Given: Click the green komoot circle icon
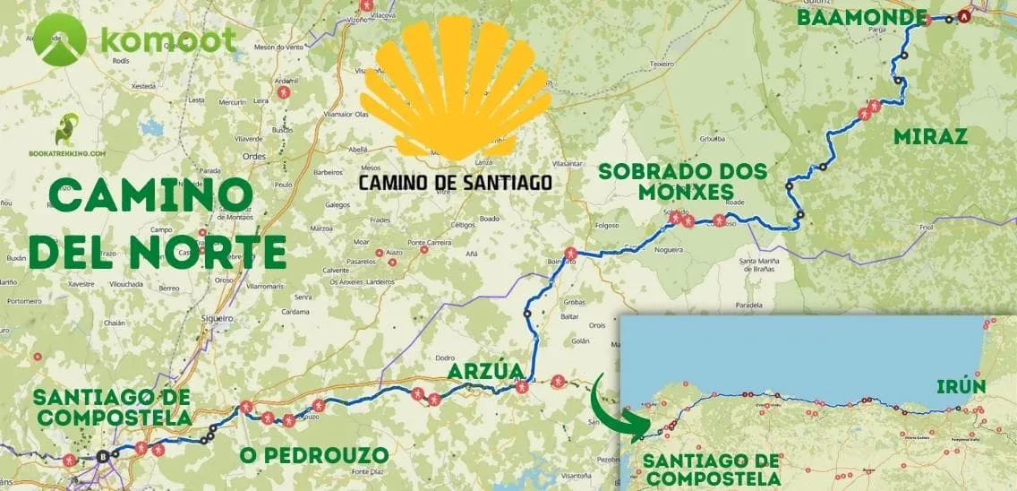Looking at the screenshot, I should point(60,42).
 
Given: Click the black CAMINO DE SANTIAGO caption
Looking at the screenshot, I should point(455,183).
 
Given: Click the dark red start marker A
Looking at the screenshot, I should point(963,16).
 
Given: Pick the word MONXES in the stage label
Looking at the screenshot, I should point(667,192).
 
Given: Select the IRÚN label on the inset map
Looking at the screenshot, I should point(961,387).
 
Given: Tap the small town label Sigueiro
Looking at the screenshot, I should point(217,317).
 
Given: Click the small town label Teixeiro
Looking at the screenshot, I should point(662,64).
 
